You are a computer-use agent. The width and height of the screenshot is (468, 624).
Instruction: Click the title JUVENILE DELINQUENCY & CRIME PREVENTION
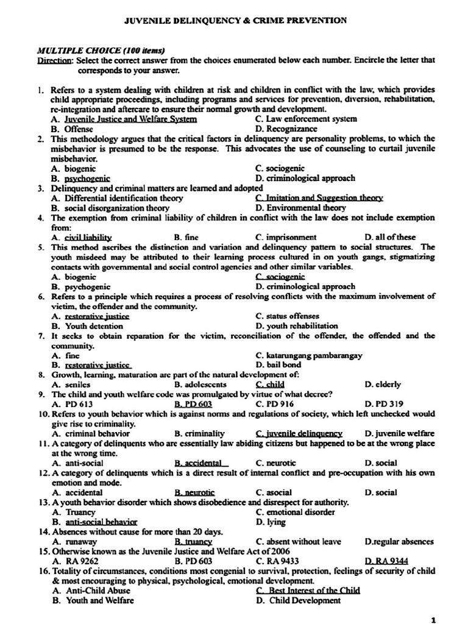[236, 20]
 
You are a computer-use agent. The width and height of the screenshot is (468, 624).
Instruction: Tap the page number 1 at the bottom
[433, 620]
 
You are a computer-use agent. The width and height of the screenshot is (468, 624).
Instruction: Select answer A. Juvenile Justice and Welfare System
[124, 119]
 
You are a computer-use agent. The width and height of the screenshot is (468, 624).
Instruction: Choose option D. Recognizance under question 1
[286, 129]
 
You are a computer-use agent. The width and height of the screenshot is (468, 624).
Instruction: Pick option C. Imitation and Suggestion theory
[319, 197]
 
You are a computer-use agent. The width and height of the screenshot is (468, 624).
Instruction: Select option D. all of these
[390, 237]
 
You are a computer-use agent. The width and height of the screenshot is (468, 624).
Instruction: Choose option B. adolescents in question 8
[200, 385]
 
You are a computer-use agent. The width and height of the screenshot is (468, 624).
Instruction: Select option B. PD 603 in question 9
[193, 404]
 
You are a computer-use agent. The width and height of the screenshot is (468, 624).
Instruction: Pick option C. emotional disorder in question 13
[296, 512]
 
